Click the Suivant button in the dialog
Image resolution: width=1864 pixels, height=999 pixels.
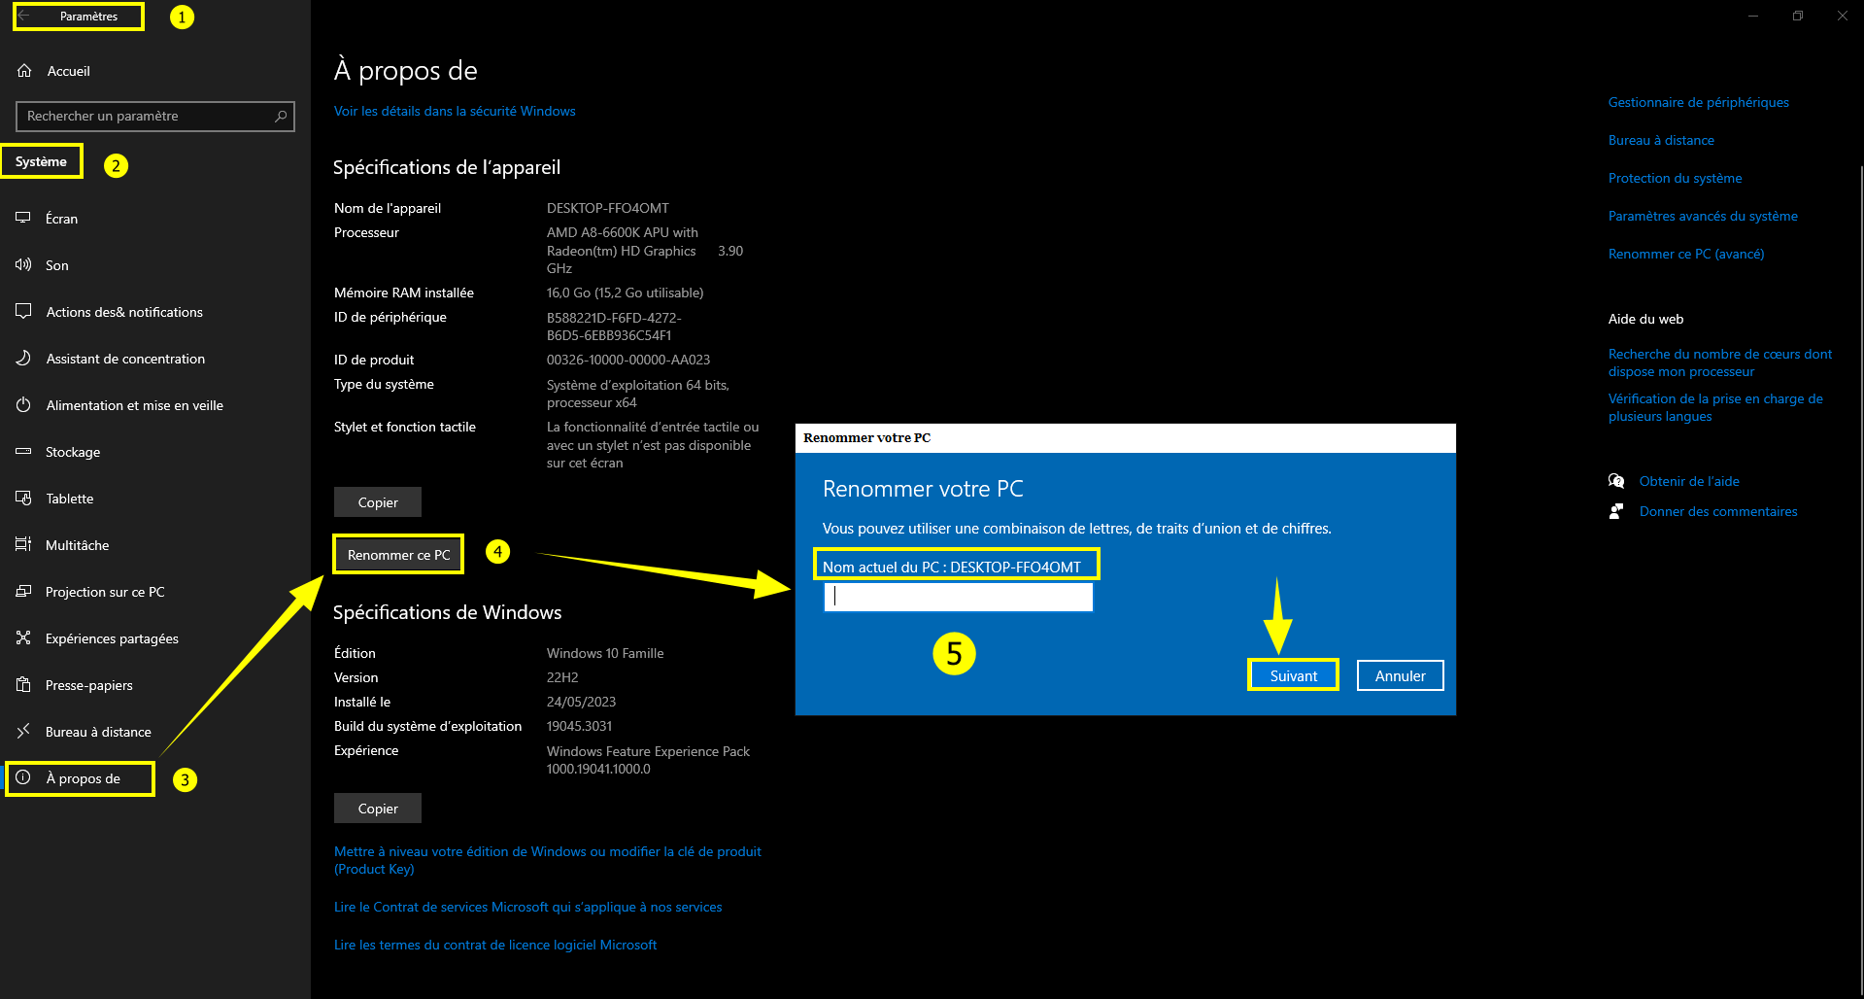pos(1293,675)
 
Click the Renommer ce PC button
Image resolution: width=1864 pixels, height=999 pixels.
pos(398,555)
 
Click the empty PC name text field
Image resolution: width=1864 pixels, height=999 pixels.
pos(959,597)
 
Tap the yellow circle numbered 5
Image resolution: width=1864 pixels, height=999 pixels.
pos(954,654)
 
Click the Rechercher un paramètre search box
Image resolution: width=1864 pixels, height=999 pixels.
pos(155,116)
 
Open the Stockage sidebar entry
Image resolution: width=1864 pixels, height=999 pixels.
pos(73,452)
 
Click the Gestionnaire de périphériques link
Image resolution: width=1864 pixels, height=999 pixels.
pos(1698,102)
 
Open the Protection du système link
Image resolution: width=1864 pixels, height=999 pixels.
pos(1675,178)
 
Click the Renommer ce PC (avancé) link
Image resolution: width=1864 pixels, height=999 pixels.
pos(1686,254)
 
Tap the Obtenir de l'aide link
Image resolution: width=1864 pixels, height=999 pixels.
pos(1689,481)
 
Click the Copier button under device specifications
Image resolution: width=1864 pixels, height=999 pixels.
pos(378,502)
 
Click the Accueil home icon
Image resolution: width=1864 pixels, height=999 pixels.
pos(25,71)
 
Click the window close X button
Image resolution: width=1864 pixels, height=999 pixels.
pos(1842,16)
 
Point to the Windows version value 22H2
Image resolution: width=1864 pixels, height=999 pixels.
pos(562,677)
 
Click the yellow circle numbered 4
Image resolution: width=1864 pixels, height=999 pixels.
pos(497,552)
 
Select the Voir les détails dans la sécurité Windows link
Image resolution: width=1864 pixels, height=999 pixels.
pos(455,111)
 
